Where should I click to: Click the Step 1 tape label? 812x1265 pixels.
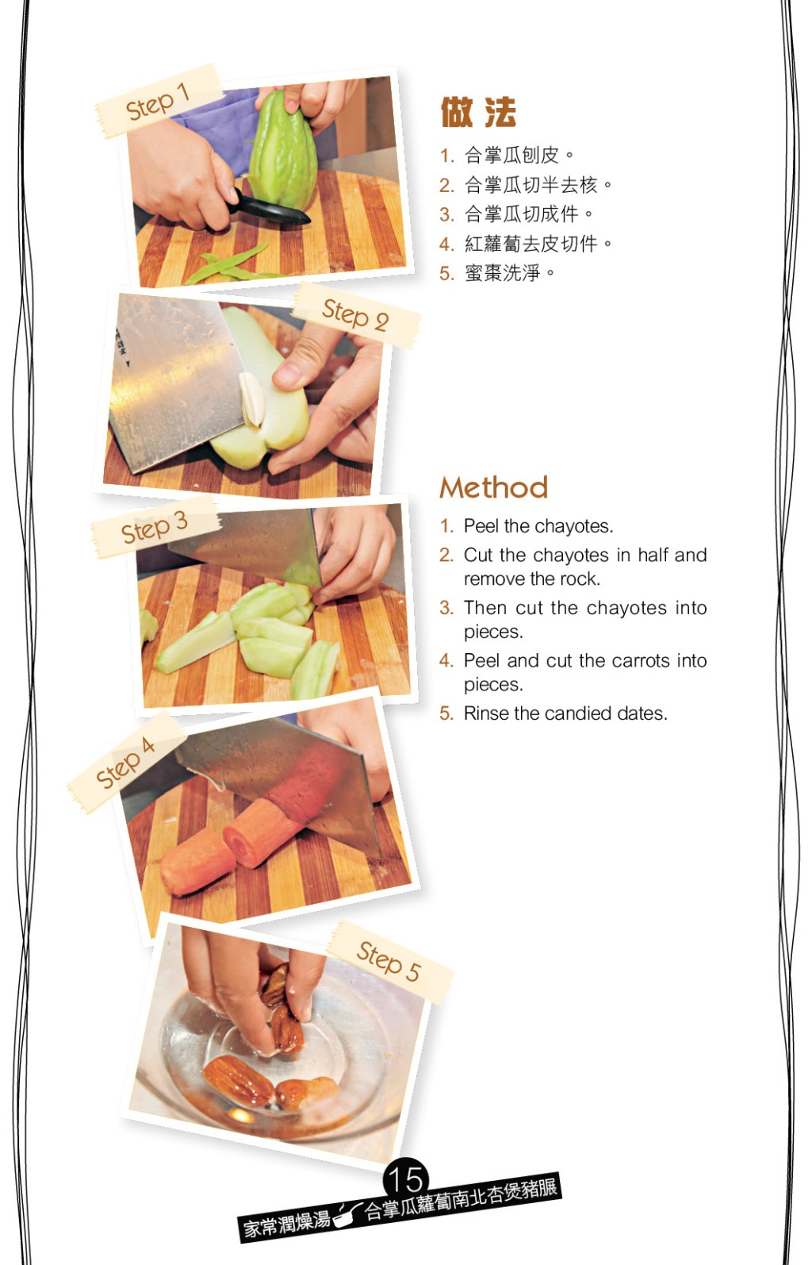pyautogui.click(x=158, y=102)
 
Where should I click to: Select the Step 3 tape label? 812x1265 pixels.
pyautogui.click(x=154, y=527)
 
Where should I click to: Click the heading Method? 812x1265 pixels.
pyautogui.click(x=494, y=487)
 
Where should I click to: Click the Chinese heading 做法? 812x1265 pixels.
pyautogui.click(x=478, y=112)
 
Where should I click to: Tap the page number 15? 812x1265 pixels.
pyautogui.click(x=406, y=1178)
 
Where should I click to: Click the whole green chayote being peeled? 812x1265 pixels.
pyautogui.click(x=282, y=152)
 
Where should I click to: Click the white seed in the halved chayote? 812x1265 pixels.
pyautogui.click(x=251, y=398)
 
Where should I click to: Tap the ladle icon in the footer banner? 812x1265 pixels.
pyautogui.click(x=348, y=1214)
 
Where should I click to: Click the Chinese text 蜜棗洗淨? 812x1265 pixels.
pyautogui.click(x=502, y=273)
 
